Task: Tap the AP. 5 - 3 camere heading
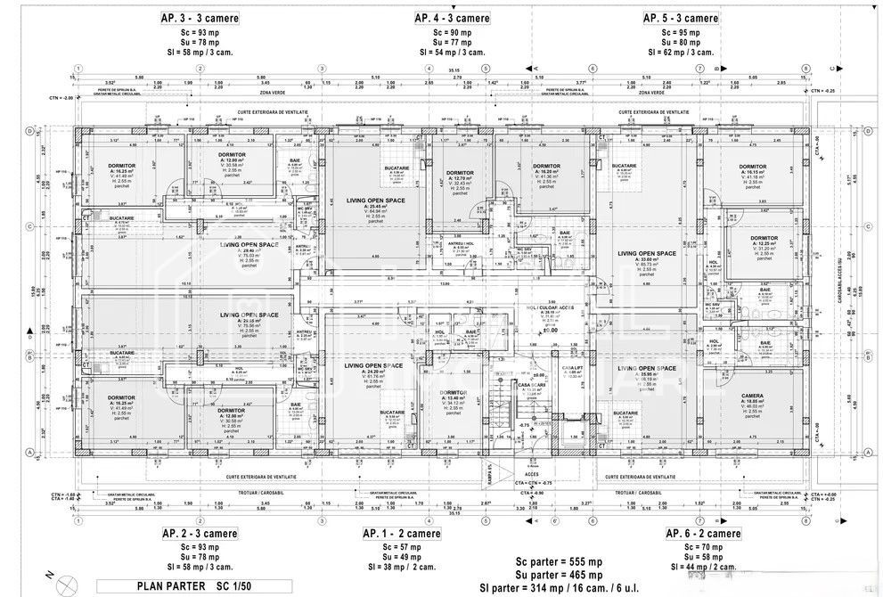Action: (x=681, y=18)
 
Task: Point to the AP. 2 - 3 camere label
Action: (x=200, y=533)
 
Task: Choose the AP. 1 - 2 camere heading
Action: (x=401, y=533)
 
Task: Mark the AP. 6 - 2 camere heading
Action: (x=703, y=533)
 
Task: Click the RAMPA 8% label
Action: (x=488, y=477)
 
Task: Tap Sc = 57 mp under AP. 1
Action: (x=401, y=546)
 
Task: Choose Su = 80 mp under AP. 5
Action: (x=681, y=42)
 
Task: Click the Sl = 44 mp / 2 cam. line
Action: (x=703, y=567)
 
